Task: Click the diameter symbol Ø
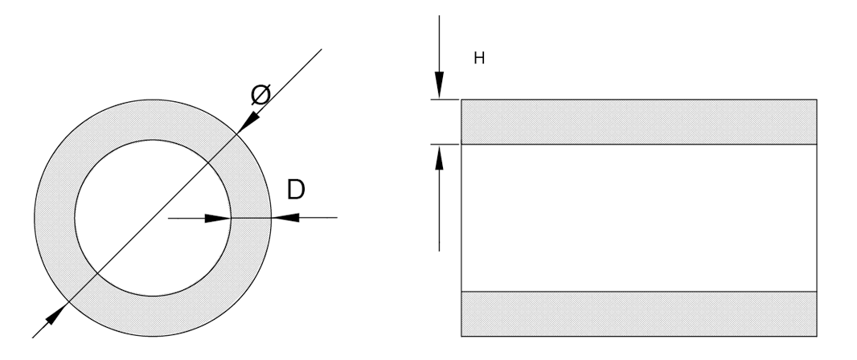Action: [260, 95]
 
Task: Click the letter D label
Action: [296, 190]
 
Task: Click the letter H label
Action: [479, 58]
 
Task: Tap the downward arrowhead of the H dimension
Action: [439, 85]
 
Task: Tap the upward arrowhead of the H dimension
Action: [439, 157]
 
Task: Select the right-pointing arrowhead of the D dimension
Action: [218, 219]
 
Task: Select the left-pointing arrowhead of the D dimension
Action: [285, 218]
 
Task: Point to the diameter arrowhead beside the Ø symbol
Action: [248, 122]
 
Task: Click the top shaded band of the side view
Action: [639, 122]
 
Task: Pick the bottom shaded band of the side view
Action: [639, 313]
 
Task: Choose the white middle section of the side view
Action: [639, 218]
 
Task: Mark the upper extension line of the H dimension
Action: [445, 100]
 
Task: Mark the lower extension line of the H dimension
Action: [445, 144]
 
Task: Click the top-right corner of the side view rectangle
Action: [817, 100]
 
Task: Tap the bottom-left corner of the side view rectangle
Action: [461, 336]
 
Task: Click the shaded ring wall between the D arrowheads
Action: [251, 218]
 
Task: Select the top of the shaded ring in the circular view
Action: [153, 120]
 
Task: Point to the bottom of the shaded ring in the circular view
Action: [153, 317]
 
